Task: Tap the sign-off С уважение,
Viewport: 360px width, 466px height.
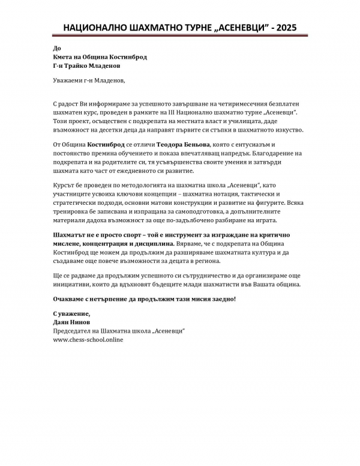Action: coord(71,313)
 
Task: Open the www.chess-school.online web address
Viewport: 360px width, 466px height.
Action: coord(88,339)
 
